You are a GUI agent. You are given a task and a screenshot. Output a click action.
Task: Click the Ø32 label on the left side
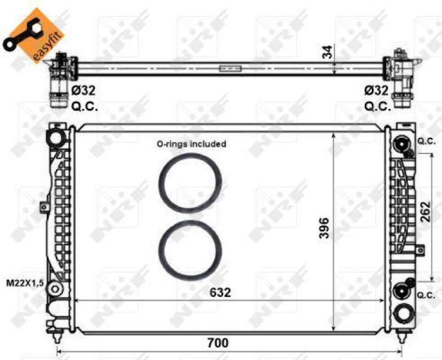tap(83, 90)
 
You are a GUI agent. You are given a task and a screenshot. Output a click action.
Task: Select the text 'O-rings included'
tap(191, 144)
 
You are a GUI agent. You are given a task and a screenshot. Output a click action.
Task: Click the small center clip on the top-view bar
tap(230, 69)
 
